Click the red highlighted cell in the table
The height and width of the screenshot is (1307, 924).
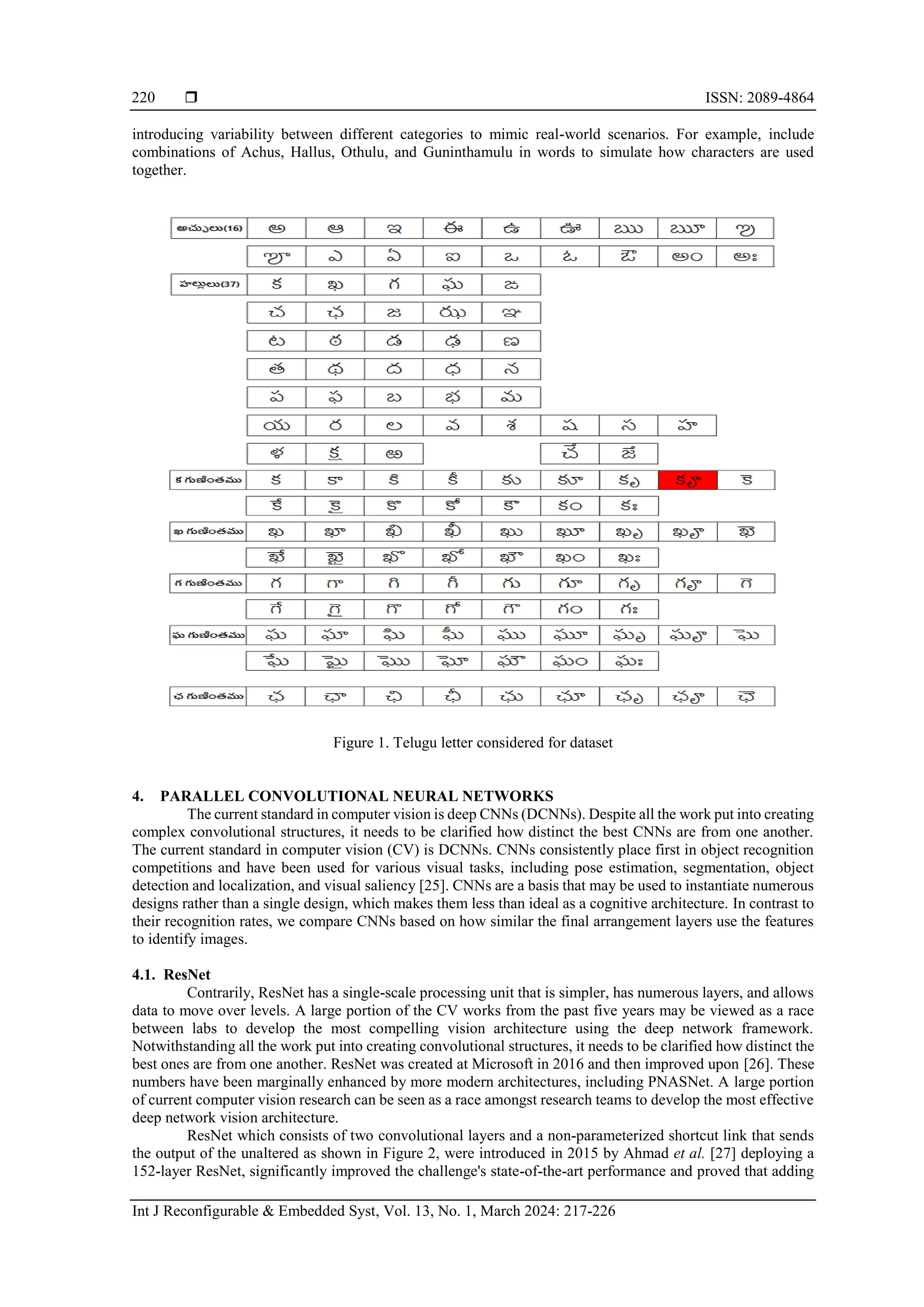[687, 480]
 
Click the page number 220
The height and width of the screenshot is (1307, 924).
[143, 97]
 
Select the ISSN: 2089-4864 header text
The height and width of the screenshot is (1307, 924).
[759, 97]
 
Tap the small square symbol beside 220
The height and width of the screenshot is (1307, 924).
[191, 97]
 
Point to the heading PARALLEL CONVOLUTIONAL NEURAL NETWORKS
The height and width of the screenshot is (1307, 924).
[356, 796]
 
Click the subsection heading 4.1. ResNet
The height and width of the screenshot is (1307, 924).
[171, 974]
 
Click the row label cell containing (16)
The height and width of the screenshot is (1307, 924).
[209, 228]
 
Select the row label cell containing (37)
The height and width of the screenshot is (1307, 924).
[209, 284]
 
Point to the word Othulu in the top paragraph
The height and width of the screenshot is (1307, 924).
[365, 152]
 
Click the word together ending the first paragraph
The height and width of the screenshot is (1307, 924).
[159, 170]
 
